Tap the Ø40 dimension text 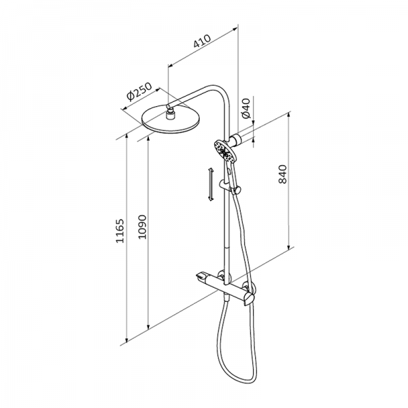(x=246, y=108)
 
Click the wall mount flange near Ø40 (x=238, y=141)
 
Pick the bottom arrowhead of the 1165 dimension (x=127, y=339)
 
